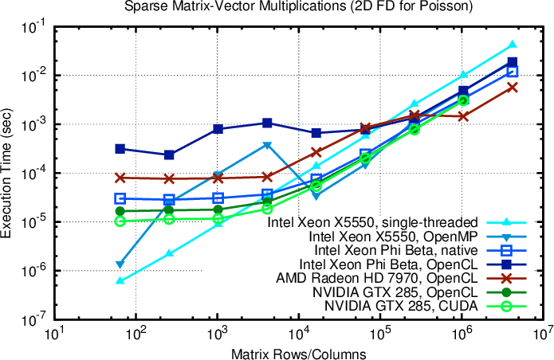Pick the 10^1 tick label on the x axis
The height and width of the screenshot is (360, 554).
pyautogui.click(x=54, y=332)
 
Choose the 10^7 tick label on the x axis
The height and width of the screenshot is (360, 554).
pyautogui.click(x=544, y=332)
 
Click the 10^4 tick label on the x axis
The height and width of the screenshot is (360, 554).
pyautogui.click(x=298, y=332)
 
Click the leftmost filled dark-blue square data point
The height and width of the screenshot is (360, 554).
pyautogui.click(x=120, y=149)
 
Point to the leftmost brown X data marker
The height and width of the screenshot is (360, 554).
pyautogui.click(x=120, y=178)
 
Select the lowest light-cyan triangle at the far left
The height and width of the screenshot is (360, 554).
pyautogui.click(x=120, y=280)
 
